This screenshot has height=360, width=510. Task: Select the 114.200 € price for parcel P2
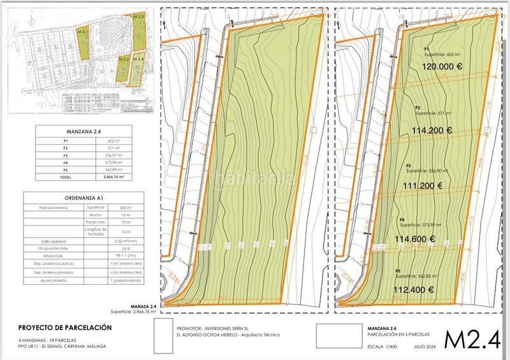pos(432,131)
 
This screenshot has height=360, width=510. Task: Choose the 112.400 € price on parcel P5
pos(412,289)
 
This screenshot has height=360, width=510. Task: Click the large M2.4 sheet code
pos(472,340)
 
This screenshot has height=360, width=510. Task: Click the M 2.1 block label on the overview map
pos(82,30)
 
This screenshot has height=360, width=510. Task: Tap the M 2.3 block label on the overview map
pos(138,15)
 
